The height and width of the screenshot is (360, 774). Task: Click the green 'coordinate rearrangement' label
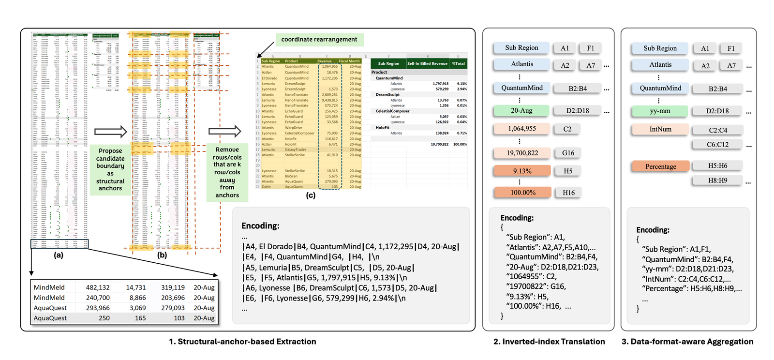coord(319,40)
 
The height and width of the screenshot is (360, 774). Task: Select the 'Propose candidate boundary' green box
coord(110,169)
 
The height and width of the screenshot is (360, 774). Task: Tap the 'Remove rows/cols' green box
coord(227,172)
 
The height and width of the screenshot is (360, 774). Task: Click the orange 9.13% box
coord(522,171)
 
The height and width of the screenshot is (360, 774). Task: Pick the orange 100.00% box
coord(522,193)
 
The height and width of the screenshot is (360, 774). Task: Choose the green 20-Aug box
coord(521,110)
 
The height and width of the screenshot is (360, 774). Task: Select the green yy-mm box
coord(660,111)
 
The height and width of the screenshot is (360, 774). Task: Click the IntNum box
coord(660,129)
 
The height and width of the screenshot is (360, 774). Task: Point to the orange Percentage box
coord(660,166)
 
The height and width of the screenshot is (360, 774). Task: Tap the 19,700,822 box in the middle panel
coord(522,153)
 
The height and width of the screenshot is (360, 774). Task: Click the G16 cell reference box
coord(568,153)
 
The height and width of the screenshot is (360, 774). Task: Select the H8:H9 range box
coord(717,180)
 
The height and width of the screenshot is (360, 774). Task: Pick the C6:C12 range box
coord(717,144)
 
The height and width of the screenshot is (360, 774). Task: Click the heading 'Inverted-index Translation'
coord(549,342)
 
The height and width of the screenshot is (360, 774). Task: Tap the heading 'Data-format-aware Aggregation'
coord(687,342)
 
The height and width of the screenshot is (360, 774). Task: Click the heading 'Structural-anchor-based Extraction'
coord(242,342)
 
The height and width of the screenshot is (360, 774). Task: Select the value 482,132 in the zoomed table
coord(98,287)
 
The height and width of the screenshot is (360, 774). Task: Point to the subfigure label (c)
coord(311,195)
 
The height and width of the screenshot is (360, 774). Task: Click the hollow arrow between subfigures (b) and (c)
coord(224,131)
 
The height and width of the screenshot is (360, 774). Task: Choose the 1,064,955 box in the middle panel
coord(521,129)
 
